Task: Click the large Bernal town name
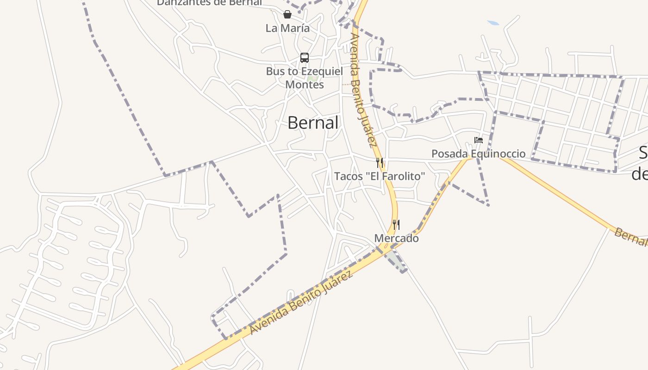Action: click(313, 123)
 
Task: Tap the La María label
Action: click(287, 28)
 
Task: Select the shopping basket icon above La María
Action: click(287, 14)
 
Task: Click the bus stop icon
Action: click(304, 58)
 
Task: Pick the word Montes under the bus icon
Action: click(304, 85)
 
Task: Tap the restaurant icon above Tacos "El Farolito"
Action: click(380, 162)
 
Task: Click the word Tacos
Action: click(348, 176)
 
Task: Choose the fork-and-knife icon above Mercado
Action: click(396, 225)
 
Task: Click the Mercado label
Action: click(396, 238)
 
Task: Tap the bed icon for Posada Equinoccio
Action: click(479, 140)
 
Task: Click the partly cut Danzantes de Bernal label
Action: click(209, 3)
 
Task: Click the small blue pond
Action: click(493, 22)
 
